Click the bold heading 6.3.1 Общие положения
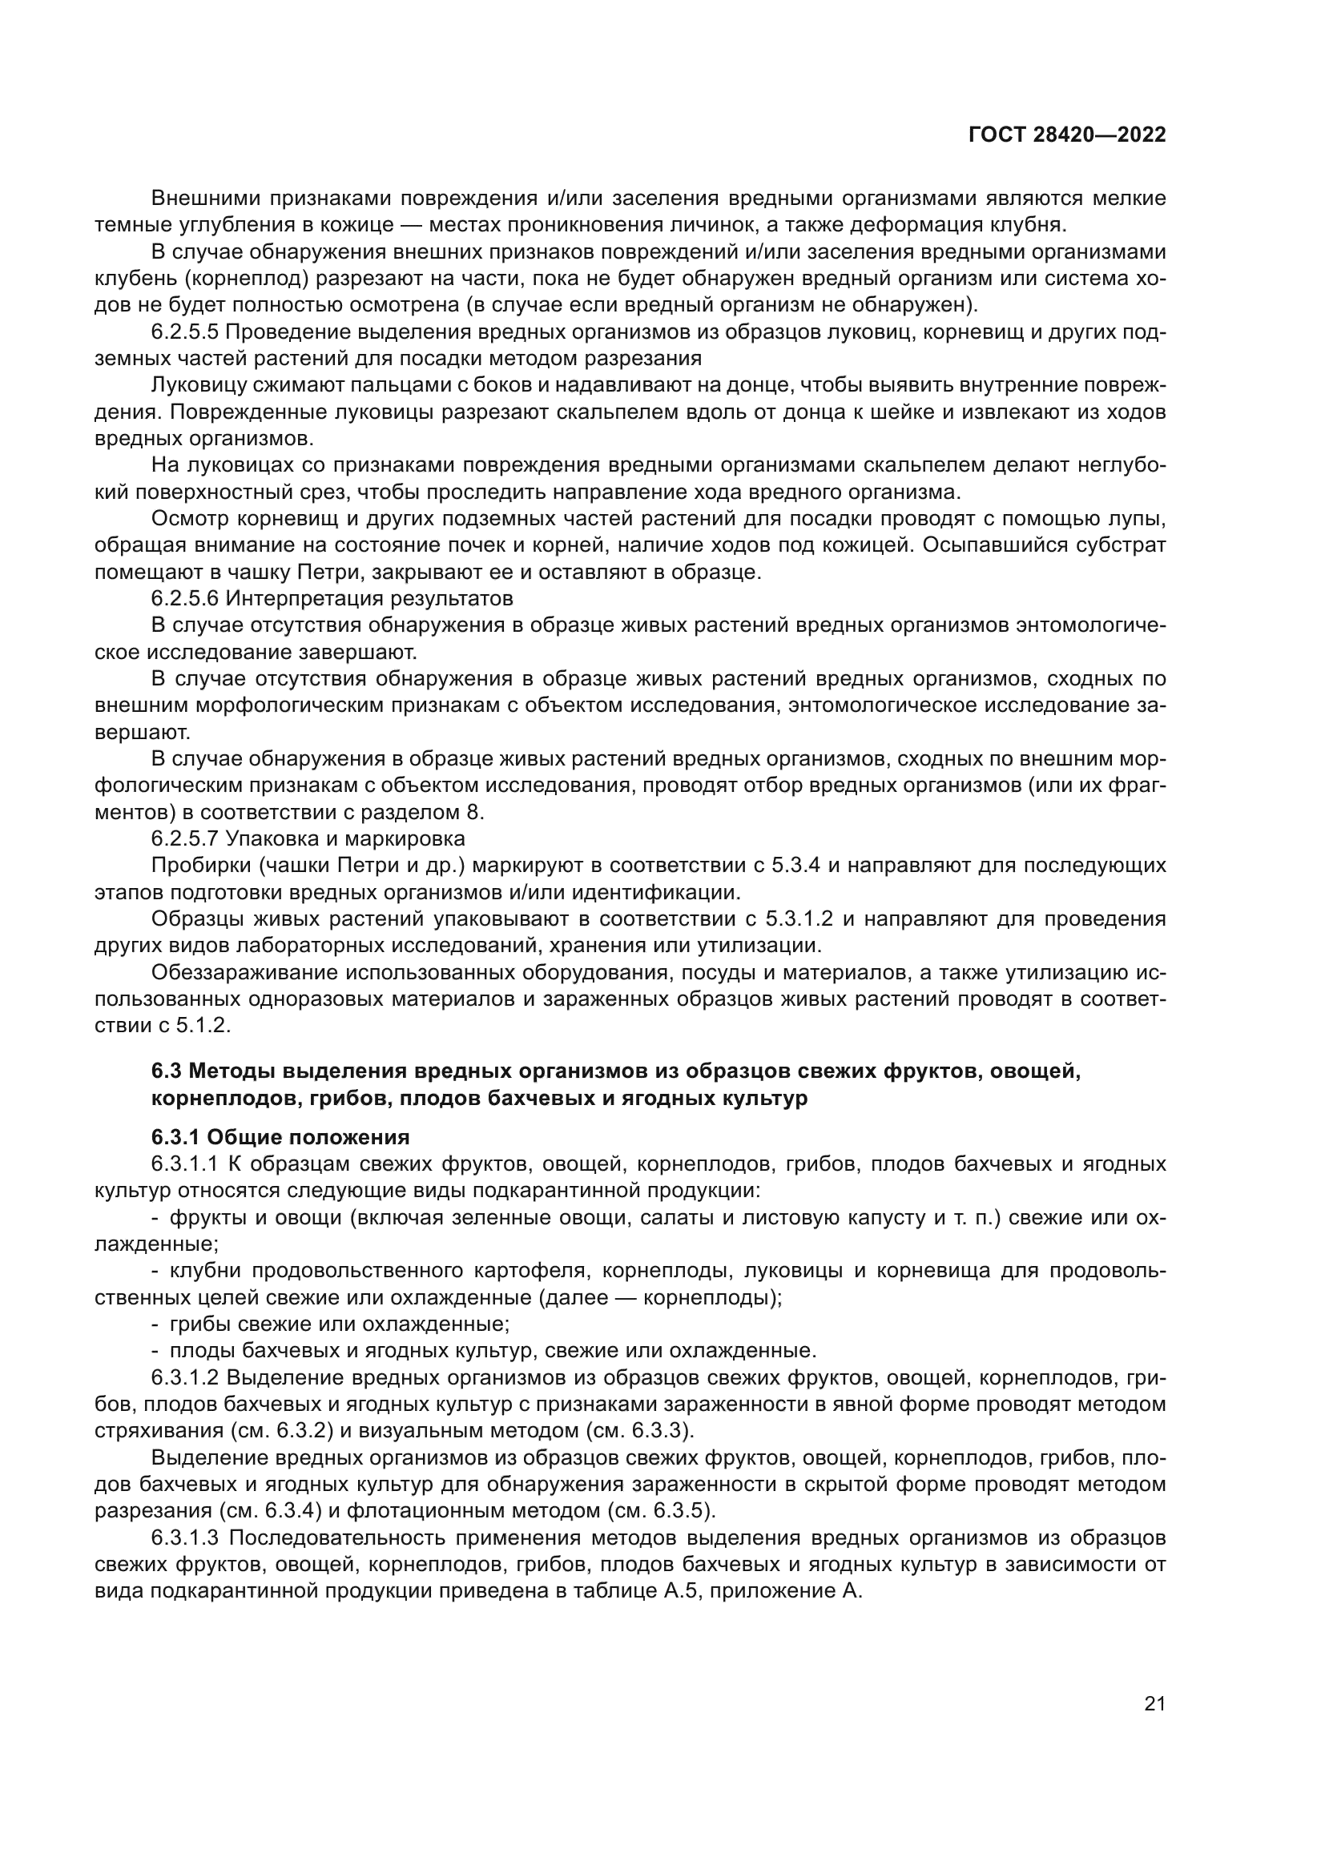click(x=280, y=1137)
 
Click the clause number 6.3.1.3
click(x=185, y=1537)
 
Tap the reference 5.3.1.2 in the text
click(x=799, y=918)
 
